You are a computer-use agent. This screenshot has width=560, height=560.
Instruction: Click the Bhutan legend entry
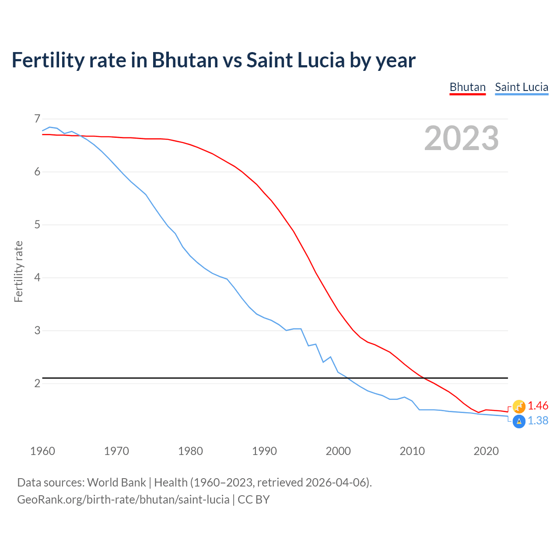point(468,87)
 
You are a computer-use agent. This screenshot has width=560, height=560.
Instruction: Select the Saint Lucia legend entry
point(521,87)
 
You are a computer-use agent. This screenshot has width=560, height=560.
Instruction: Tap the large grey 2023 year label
point(462,138)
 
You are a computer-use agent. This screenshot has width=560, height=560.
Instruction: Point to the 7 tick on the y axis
point(37,119)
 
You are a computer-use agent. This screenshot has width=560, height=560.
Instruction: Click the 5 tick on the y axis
point(37,225)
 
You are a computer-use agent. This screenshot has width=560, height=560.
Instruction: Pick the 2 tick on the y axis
point(37,384)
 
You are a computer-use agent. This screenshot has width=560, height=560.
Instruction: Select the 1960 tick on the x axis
point(42,451)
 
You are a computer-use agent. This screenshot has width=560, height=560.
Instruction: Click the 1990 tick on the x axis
point(264,451)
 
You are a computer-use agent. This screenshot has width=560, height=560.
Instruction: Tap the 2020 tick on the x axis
point(486,451)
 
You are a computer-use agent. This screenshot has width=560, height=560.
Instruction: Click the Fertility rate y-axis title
point(18,271)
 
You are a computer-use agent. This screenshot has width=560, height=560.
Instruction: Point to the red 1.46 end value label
point(538,406)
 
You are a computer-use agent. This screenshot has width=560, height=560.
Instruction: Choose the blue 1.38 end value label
point(538,421)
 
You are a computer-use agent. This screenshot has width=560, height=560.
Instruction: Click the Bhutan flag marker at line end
point(519,406)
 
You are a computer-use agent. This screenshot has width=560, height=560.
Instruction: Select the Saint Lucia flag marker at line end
point(519,422)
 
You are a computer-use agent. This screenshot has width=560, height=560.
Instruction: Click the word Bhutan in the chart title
point(185,60)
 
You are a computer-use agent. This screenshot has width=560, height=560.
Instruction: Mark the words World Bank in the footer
point(116,483)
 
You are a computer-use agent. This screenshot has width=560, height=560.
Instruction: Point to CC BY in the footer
point(254,500)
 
